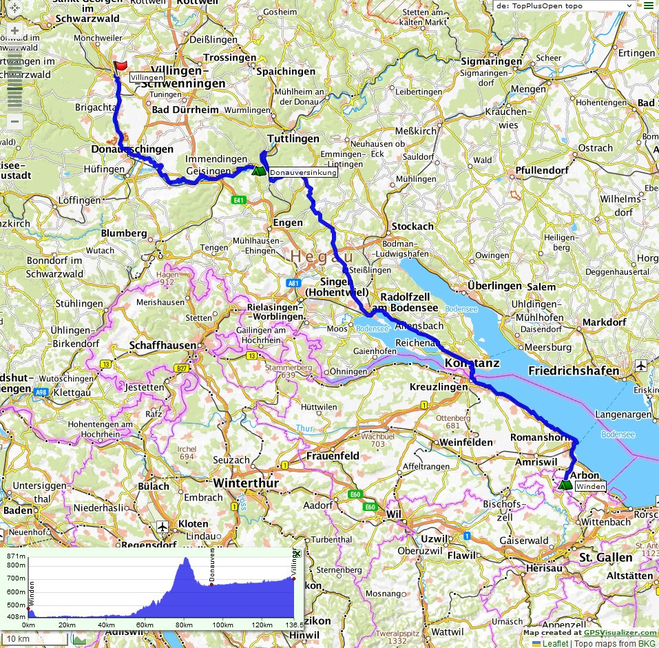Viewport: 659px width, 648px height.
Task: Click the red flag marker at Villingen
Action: [121, 66]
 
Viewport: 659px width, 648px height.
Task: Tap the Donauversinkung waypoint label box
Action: [303, 173]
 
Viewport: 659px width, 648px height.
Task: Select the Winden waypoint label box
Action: [591, 487]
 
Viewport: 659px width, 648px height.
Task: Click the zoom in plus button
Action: [14, 31]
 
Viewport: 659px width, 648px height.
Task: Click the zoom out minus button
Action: [14, 121]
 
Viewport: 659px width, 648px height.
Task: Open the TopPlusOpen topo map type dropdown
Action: [563, 6]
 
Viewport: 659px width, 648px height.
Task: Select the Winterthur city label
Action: [246, 483]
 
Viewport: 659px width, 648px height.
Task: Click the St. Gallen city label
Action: [605, 556]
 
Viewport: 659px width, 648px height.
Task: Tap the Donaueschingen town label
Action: [132, 149]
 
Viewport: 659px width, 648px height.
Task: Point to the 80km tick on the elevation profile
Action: [184, 625]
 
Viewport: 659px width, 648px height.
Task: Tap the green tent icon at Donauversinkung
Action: [258, 171]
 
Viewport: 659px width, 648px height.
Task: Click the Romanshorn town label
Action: [537, 437]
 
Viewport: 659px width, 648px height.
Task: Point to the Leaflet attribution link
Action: [555, 643]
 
